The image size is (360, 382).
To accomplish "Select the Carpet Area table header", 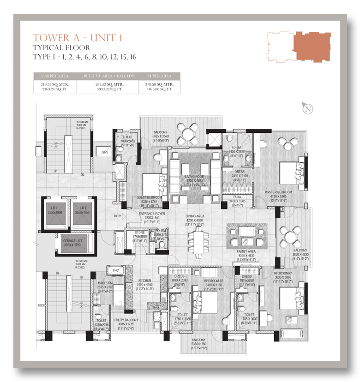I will click(54, 76).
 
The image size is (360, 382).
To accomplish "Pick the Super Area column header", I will click(159, 76).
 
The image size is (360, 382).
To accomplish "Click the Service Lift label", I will click(75, 240).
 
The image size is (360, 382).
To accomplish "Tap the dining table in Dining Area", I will click(198, 240).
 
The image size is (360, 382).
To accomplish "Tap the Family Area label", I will click(246, 251).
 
